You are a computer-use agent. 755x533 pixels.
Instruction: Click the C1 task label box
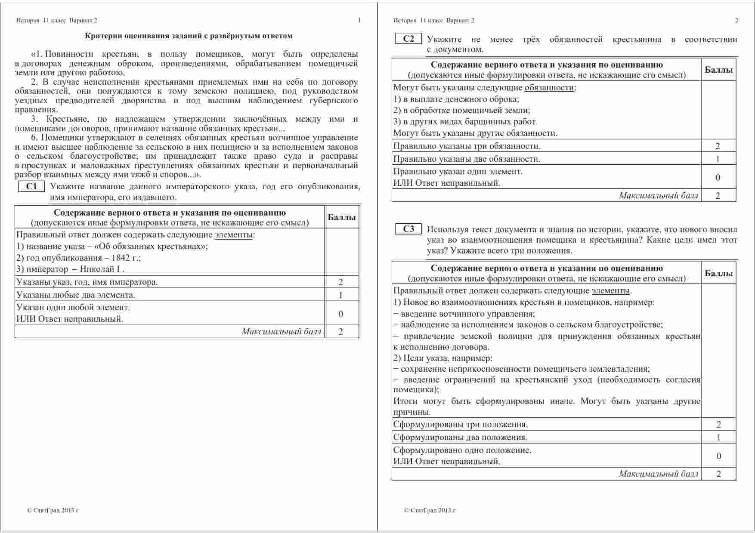[31, 186]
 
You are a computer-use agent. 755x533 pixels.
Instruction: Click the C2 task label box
[408, 39]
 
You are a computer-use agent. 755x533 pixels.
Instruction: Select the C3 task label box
[408, 229]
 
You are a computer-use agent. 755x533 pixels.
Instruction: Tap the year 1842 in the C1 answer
[120, 258]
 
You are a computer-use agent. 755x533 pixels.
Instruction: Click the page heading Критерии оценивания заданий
[189, 36]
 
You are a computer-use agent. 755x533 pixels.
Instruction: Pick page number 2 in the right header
[736, 20]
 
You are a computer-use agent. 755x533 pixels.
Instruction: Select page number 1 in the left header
[359, 20]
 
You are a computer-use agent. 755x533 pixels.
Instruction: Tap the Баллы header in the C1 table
[342, 217]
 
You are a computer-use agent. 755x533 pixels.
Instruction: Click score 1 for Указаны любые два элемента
[341, 295]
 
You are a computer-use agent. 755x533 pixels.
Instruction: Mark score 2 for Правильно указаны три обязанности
[718, 146]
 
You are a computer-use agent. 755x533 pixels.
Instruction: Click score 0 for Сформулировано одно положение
[718, 456]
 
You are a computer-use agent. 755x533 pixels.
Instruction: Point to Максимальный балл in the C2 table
[659, 196]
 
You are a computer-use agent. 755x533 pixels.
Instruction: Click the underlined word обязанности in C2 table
[549, 88]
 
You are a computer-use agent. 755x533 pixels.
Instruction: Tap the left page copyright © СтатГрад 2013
[53, 511]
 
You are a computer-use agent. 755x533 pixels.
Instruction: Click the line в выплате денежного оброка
[456, 99]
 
